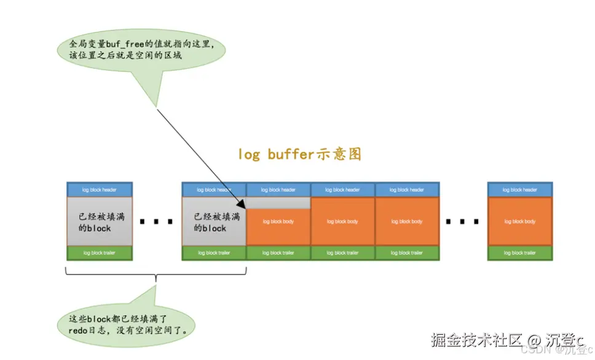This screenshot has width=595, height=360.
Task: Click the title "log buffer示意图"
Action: [x=299, y=154]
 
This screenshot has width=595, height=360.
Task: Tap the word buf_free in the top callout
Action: [x=117, y=45]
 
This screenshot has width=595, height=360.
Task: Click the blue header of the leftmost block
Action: [x=100, y=190]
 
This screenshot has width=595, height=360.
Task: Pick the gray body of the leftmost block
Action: [x=100, y=221]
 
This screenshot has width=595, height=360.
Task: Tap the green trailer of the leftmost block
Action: [x=100, y=252]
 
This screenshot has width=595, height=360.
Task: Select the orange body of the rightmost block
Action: [x=519, y=221]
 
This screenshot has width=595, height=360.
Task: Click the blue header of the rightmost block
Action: [x=519, y=190]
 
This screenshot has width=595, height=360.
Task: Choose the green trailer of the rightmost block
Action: [x=519, y=252]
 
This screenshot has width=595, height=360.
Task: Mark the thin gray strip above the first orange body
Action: [x=278, y=203]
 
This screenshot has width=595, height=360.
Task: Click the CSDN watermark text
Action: [x=531, y=350]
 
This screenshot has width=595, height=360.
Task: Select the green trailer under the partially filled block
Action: [x=278, y=252]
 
